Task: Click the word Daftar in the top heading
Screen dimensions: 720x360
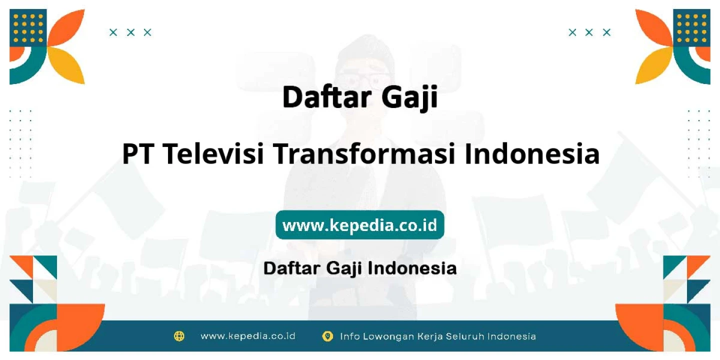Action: pyautogui.click(x=327, y=97)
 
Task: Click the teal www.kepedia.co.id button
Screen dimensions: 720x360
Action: pyautogui.click(x=359, y=224)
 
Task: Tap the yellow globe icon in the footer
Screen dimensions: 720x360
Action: pyautogui.click(x=179, y=336)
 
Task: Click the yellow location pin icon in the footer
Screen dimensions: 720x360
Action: pyautogui.click(x=327, y=336)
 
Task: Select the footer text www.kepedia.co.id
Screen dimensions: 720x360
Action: pyautogui.click(x=248, y=336)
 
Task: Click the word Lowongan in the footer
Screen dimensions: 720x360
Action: pyautogui.click(x=388, y=336)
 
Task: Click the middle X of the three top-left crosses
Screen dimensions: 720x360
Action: pyautogui.click(x=130, y=32)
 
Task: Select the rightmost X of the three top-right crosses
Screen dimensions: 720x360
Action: pyautogui.click(x=606, y=32)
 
